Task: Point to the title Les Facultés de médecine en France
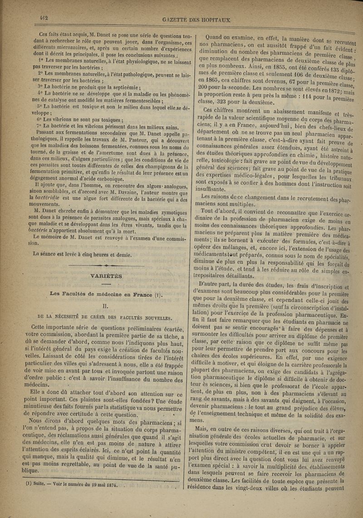pos(101,294)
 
